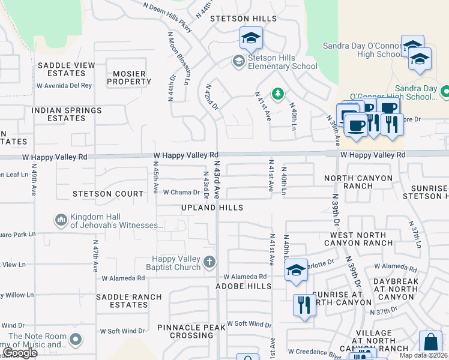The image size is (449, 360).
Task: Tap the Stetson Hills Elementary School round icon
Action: pyautogui.click(x=238, y=61)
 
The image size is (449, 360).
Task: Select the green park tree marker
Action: pyautogui.click(x=277, y=93)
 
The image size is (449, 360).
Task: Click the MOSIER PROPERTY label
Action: pyautogui.click(x=129, y=77)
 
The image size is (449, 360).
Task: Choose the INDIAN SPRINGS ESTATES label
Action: pyautogui.click(x=67, y=115)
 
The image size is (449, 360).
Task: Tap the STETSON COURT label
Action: pyautogui.click(x=108, y=194)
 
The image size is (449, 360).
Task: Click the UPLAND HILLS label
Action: pyautogui.click(x=212, y=208)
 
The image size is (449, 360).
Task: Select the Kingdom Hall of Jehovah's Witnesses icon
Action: pyautogui.click(x=61, y=220)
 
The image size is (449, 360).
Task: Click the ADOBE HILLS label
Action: pyautogui.click(x=244, y=287)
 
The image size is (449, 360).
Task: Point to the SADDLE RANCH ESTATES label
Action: pyautogui.click(x=129, y=301)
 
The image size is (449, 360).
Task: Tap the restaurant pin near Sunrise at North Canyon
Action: pyautogui.click(x=304, y=305)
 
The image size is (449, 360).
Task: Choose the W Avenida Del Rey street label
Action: pyautogui.click(x=64, y=85)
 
